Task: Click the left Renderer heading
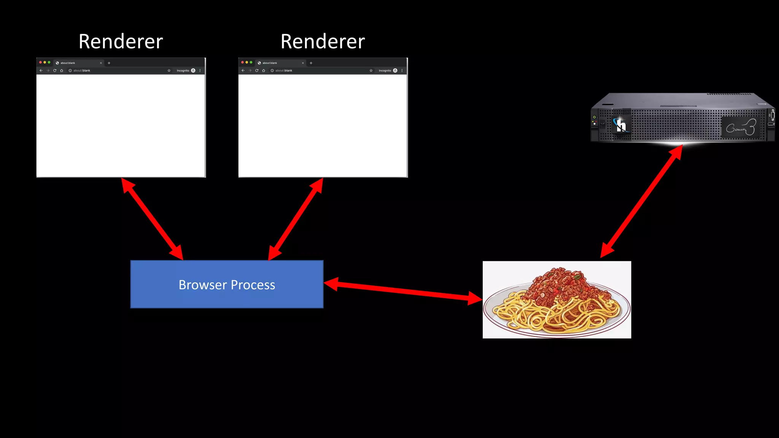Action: [121, 41]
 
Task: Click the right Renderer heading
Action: [323, 41]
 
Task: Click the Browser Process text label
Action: [227, 285]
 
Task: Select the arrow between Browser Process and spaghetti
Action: [403, 291]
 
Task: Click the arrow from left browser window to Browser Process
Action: [152, 219]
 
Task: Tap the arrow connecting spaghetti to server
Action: [641, 202]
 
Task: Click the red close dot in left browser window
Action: [40, 62]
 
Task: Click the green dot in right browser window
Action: [251, 62]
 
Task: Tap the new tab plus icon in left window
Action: [109, 63]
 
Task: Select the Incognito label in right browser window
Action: [385, 71]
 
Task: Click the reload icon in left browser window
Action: [55, 71]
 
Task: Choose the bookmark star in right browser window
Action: [371, 71]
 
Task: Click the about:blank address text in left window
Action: [82, 71]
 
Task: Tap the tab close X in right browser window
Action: [303, 63]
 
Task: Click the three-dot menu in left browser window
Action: [200, 71]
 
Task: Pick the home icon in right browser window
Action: [264, 71]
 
